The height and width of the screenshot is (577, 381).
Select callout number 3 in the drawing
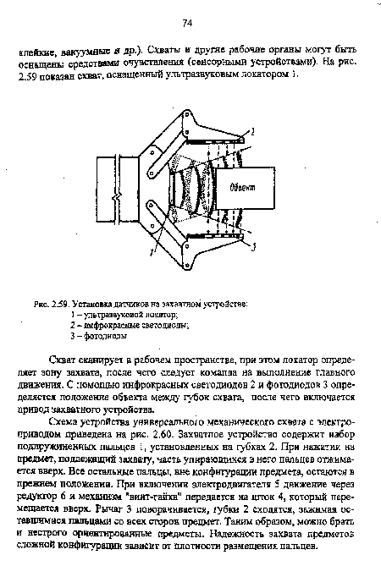coord(253,245)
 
